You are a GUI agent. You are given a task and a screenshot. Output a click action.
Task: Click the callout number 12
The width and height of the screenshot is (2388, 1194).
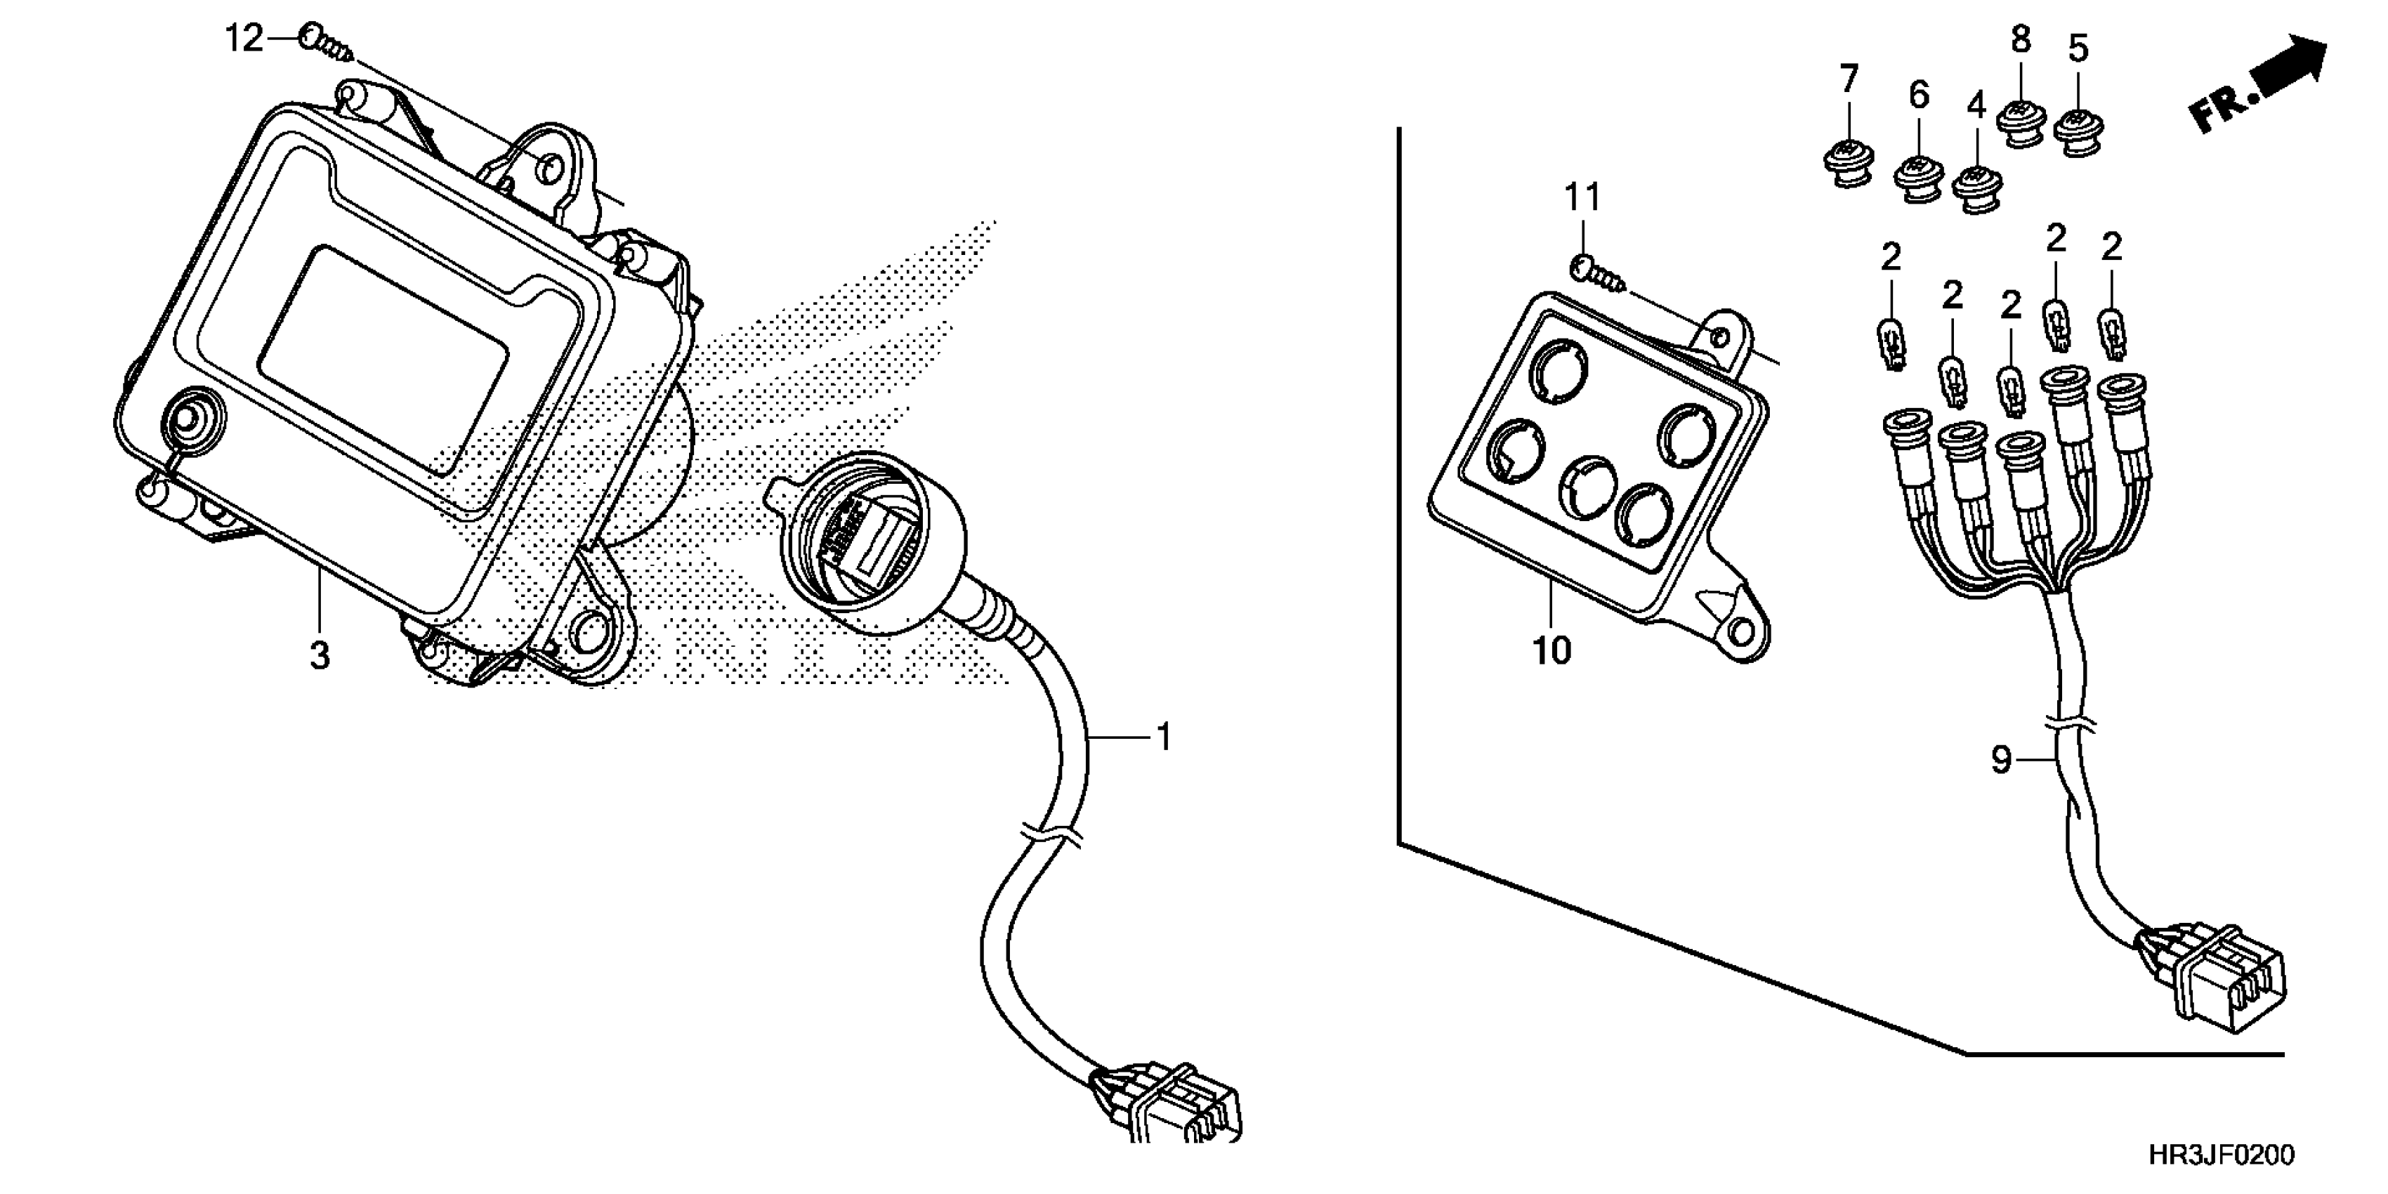coord(244,40)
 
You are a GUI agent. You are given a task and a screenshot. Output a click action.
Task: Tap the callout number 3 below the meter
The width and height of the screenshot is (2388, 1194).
coord(319,656)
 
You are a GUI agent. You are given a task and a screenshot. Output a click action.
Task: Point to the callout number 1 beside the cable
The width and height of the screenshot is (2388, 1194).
coord(1165,738)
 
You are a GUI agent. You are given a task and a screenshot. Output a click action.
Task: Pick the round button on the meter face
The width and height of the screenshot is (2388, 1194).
coord(191,420)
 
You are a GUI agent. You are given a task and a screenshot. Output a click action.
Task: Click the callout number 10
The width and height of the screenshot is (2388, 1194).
coord(1551,651)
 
